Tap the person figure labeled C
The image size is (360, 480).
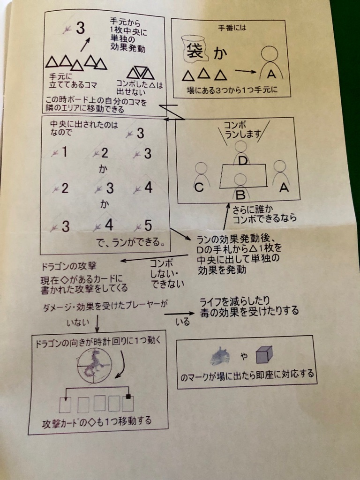tap(201, 177)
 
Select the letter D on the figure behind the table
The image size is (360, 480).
tap(242, 160)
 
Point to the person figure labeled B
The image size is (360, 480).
tap(241, 187)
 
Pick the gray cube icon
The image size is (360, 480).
tap(264, 355)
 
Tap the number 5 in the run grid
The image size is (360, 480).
tap(148, 226)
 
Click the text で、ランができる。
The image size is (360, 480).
tap(131, 242)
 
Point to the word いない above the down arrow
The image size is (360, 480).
tap(78, 322)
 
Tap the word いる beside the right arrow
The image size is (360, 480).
tap(183, 322)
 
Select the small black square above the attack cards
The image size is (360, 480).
tap(128, 397)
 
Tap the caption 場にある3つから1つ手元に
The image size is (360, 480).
tap(232, 90)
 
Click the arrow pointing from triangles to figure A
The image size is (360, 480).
tap(245, 71)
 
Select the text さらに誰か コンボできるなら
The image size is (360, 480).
tap(264, 214)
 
